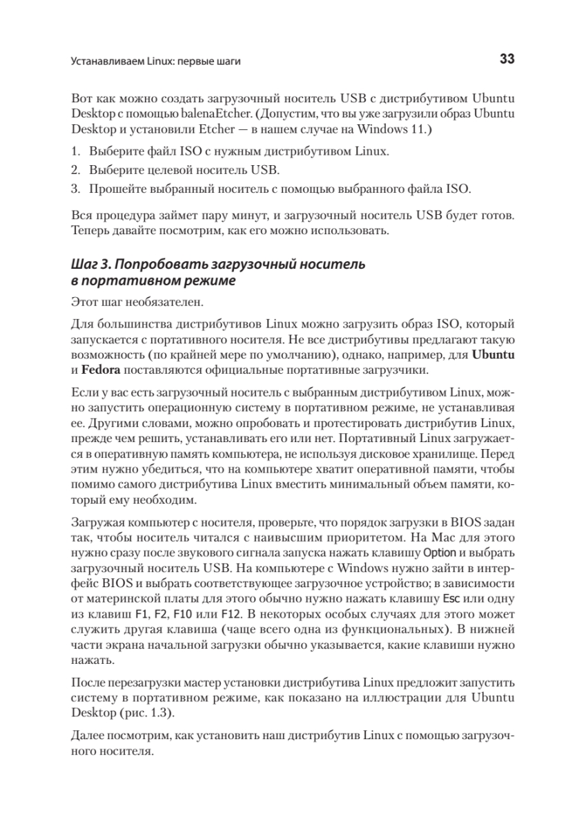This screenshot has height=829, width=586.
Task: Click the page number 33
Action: (507, 60)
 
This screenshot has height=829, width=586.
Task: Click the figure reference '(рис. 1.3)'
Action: (148, 712)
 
